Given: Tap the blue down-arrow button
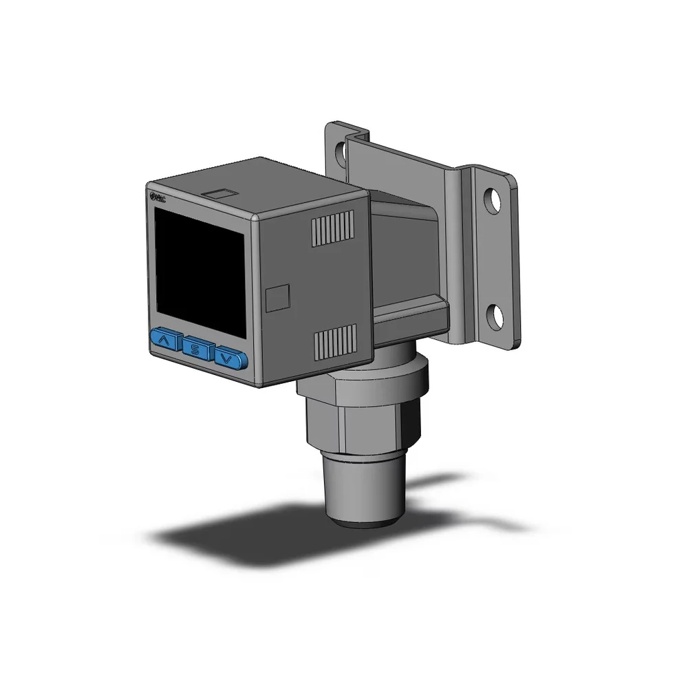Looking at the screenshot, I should point(230,357).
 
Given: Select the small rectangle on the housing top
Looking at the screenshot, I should point(221,194).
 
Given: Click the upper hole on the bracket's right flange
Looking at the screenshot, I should point(493,197).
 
